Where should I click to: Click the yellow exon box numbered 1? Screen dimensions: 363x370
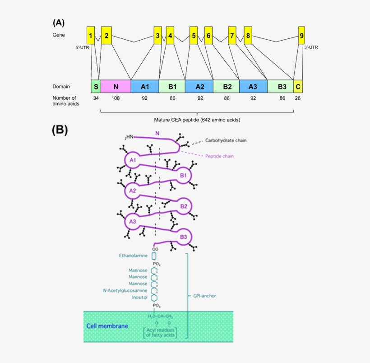[91, 35]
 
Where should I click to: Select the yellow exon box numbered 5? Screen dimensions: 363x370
[194, 35]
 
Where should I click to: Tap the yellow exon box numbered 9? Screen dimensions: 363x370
[301, 35]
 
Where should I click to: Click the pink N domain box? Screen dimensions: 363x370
[116, 86]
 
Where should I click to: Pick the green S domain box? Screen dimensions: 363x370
[96, 86]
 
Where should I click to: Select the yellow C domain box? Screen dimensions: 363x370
[298, 86]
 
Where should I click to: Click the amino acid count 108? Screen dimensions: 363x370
[116, 98]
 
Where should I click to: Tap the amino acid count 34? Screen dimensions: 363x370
[96, 98]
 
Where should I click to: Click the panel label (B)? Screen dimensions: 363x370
[60, 130]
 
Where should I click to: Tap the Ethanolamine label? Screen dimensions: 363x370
[133, 256]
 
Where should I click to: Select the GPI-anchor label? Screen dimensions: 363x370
[204, 296]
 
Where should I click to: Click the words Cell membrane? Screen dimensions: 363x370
[107, 326]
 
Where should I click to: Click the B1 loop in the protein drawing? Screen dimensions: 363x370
[183, 175]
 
